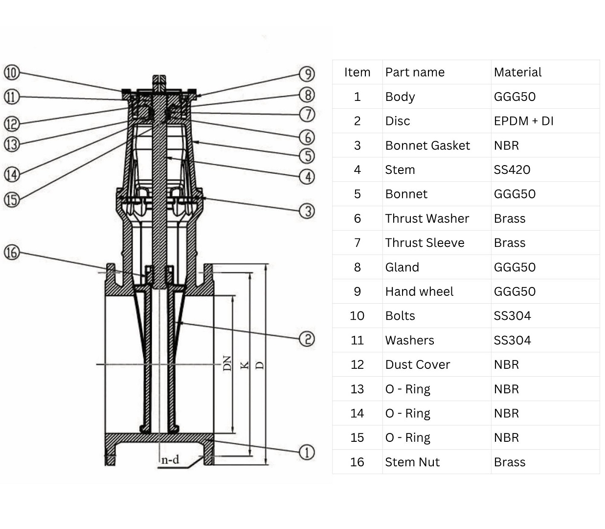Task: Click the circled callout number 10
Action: click(x=12, y=73)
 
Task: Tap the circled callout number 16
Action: click(x=12, y=253)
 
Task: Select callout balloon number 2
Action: click(x=307, y=339)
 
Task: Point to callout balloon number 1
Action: click(x=307, y=452)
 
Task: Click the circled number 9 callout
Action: click(x=307, y=74)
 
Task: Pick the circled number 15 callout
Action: click(x=12, y=200)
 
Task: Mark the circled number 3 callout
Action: click(x=307, y=211)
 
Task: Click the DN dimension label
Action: click(x=227, y=363)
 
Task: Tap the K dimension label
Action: click(x=245, y=365)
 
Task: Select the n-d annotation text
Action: click(x=170, y=459)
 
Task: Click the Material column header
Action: click(x=517, y=72)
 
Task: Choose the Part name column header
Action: click(x=415, y=72)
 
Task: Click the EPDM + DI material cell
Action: click(x=523, y=121)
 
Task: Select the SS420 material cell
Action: click(x=512, y=170)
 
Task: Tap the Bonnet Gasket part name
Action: click(x=427, y=145)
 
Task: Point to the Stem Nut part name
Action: click(x=412, y=462)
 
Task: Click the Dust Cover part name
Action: click(x=417, y=364)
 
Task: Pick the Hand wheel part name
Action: click(x=419, y=291)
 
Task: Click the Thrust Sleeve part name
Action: click(x=425, y=243)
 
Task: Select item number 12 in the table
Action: click(x=357, y=364)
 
